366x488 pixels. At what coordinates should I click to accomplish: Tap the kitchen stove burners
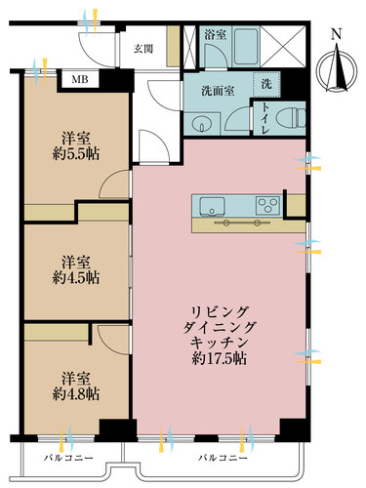266,205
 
